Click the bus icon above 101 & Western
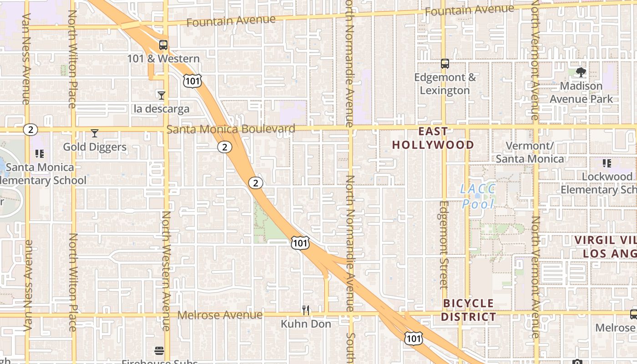163,45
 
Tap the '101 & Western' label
163,59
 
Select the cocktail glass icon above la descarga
161,95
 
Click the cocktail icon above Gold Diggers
95,133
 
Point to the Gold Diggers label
95,147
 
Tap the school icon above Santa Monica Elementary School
40,154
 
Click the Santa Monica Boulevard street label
231,129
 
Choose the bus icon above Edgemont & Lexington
445,64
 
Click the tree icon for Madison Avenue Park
581,72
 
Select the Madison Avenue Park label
581,92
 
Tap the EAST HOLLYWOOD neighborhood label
433,138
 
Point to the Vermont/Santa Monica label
530,152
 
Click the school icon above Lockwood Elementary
607,163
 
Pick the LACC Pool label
477,196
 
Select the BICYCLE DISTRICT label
469,310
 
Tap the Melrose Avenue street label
220,315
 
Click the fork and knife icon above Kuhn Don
306,310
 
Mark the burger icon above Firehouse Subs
159,351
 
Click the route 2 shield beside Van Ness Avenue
30,130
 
